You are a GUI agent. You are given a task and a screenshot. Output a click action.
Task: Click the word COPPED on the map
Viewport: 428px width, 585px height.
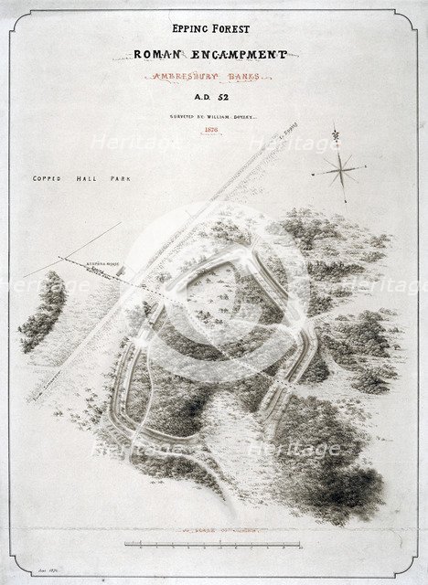pos(45,180)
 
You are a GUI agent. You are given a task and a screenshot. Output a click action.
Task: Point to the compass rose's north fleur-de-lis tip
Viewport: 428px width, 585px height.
pos(336,137)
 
